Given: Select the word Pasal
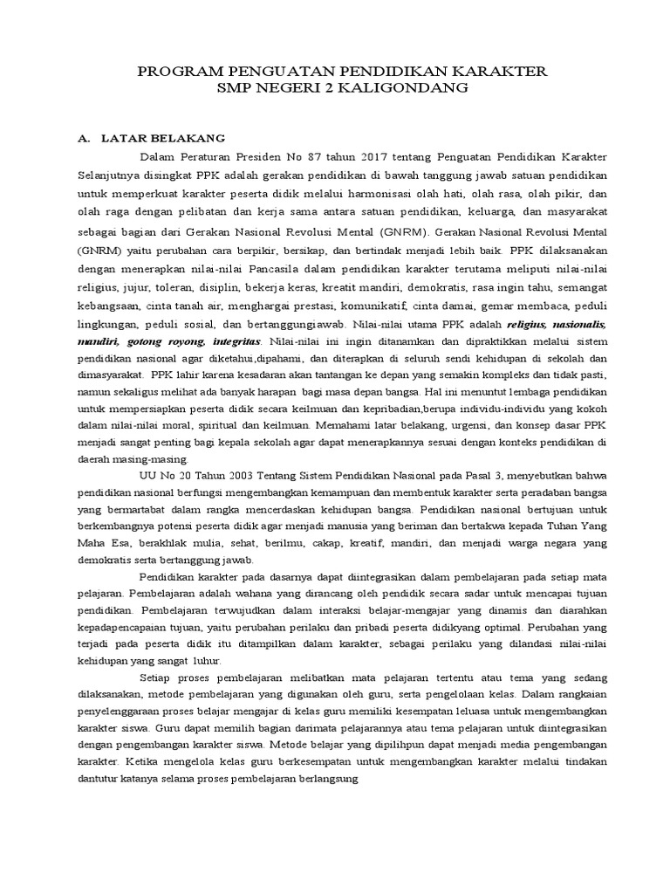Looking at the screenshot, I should click(x=444, y=476).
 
